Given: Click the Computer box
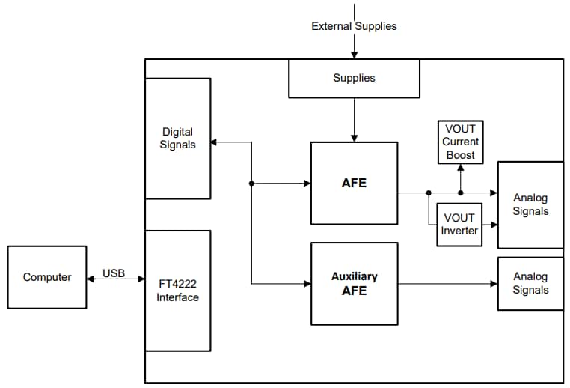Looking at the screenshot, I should (x=46, y=277).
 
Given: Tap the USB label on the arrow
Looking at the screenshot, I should (x=114, y=273).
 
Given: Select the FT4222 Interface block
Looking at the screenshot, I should (x=177, y=291).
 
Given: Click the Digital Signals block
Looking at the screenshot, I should (x=177, y=138).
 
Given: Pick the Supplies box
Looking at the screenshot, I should (x=354, y=78).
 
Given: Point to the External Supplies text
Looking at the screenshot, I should (x=354, y=26).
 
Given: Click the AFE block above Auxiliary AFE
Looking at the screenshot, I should (x=354, y=183).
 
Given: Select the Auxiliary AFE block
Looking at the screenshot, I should (x=354, y=283).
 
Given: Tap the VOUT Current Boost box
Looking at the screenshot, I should (x=460, y=142).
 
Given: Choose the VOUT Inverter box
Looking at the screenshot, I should (x=459, y=225).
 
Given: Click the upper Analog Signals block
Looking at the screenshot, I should (x=530, y=204).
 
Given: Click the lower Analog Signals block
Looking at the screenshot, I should (x=530, y=283).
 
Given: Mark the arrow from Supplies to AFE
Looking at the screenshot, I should (x=354, y=120).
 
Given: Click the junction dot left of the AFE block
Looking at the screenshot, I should (x=251, y=183).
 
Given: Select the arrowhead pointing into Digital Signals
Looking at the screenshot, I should (x=215, y=142).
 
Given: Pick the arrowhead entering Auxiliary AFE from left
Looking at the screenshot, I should (x=306, y=284).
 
